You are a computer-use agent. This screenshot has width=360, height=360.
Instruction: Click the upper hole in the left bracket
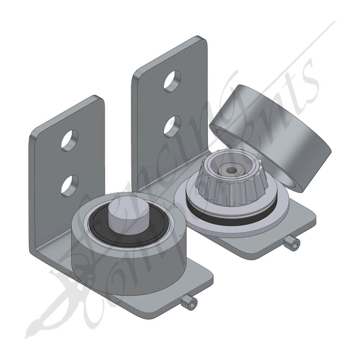[x=69, y=141]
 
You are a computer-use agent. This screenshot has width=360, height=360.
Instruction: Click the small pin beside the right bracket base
[x=291, y=243]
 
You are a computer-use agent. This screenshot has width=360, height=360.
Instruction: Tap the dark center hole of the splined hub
[x=231, y=170]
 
